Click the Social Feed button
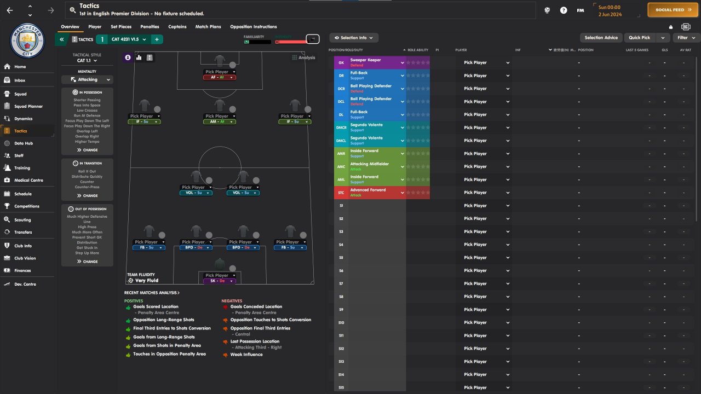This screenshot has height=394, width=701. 673,10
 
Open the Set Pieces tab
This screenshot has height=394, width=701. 121,27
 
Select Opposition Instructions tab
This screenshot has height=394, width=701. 253,27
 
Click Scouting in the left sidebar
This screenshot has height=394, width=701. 22,220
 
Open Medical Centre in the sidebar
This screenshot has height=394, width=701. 28,180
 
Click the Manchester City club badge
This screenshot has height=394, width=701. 27,40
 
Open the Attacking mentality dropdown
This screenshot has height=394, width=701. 87,79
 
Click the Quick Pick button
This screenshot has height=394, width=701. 639,38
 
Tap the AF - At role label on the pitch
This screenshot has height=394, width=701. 220,78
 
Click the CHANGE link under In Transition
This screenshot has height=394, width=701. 87,195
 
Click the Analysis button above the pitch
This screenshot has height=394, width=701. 303,57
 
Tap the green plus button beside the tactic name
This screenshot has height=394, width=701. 157,39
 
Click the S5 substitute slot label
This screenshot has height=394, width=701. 341,258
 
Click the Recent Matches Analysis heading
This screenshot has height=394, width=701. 152,293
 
